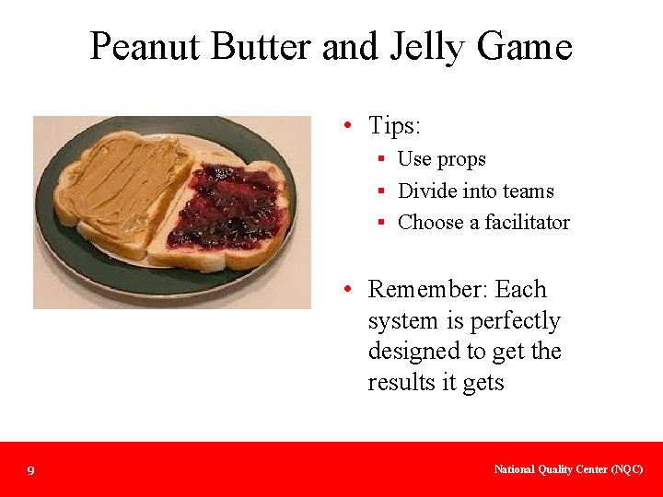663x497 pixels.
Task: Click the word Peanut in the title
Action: pos(145,46)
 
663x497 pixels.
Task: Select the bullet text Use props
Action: pos(441,159)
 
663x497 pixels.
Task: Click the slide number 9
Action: pos(30,471)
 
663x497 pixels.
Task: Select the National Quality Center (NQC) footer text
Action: pos(568,469)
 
